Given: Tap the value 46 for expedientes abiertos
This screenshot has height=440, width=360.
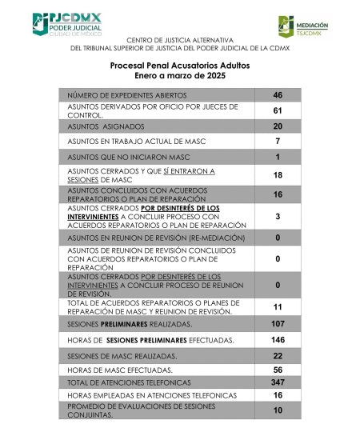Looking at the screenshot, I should tap(278, 95).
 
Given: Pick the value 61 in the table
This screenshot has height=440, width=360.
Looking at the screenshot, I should tap(278, 110).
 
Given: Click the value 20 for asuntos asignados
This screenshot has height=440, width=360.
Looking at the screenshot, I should tap(278, 126).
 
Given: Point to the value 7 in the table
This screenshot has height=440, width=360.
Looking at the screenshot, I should tap(278, 141).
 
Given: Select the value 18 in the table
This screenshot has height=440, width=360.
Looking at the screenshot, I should tap(278, 175).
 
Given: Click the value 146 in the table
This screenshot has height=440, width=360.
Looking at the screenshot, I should tap(278, 340).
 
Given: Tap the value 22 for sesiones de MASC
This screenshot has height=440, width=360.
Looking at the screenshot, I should tap(278, 355).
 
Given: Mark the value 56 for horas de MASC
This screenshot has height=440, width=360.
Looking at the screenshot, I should tap(278, 370).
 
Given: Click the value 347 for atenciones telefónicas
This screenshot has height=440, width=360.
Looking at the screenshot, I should tap(278, 384).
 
